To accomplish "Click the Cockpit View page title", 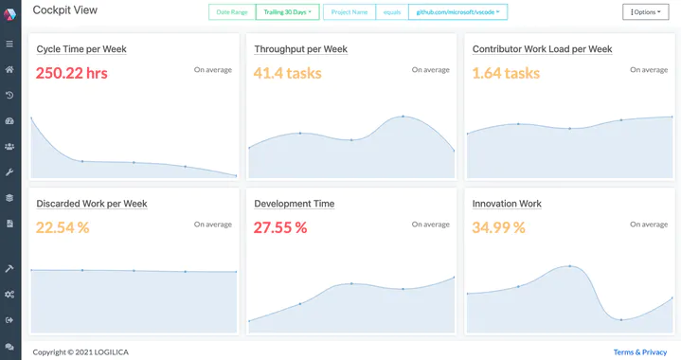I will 64,10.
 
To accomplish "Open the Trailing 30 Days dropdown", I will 288,12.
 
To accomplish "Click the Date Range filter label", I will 231,12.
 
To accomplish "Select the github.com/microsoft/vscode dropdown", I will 457,12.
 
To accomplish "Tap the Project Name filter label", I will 349,12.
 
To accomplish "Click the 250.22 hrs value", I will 72,73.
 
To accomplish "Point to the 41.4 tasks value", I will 288,73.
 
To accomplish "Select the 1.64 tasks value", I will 506,73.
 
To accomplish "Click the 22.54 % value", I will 63,227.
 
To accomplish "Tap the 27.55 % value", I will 280,227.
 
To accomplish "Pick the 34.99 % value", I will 498,227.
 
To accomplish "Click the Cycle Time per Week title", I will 81,49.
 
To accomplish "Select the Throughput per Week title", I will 300,49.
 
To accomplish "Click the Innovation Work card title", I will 507,204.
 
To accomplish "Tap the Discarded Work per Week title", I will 92,204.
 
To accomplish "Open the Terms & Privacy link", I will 640,351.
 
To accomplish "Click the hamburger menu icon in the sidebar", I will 9,44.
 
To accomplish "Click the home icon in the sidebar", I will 9,69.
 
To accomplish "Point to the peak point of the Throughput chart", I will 403,117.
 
